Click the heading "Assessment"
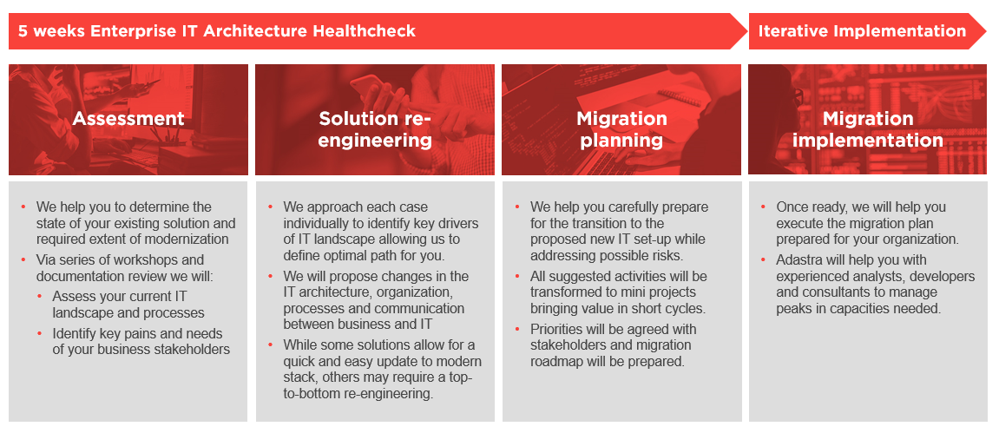pyautogui.click(x=128, y=118)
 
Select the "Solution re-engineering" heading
pyautogui.click(x=375, y=129)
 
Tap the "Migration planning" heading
pyautogui.click(x=621, y=129)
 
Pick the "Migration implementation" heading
pyautogui.click(x=868, y=129)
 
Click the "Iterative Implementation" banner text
pyautogui.click(x=862, y=30)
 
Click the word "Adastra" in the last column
pyautogui.click(x=799, y=260)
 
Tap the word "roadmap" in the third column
pyautogui.click(x=555, y=361)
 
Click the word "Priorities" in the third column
pyautogui.click(x=557, y=330)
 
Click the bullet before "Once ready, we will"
pyautogui.click(x=764, y=207)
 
